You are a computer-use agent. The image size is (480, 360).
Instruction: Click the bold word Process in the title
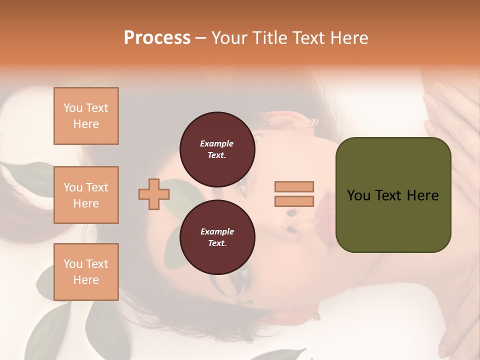coord(157,38)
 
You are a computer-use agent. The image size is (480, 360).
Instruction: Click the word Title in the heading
coord(269,38)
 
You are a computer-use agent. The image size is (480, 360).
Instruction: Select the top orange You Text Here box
coord(86,116)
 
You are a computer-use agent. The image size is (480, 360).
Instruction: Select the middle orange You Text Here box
coord(86,195)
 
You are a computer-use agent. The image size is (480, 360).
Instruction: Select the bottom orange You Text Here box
coord(86,271)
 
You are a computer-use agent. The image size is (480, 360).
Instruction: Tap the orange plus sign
coord(153,194)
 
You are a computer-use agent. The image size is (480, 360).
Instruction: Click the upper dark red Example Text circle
coord(217,149)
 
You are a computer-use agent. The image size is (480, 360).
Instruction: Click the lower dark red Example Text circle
coord(217,237)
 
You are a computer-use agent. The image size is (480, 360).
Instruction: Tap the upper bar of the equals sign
coord(294,186)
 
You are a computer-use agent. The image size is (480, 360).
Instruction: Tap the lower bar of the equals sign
coord(294,201)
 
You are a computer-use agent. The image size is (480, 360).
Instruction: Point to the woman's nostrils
coord(291,221)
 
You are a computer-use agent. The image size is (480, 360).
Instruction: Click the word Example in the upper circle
coord(217,143)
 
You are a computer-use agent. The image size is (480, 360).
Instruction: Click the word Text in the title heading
coord(309,38)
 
